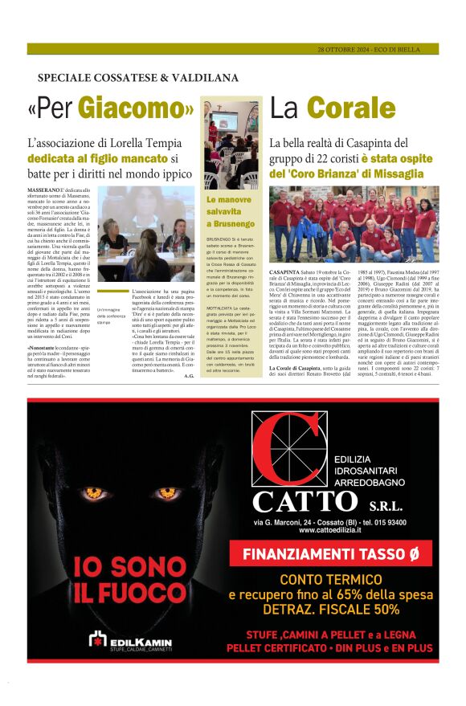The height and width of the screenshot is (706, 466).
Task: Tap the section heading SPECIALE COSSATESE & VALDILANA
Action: click(137, 78)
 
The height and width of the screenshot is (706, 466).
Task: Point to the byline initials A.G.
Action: click(188, 353)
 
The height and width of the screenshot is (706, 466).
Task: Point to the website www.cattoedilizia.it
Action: click(329, 530)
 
